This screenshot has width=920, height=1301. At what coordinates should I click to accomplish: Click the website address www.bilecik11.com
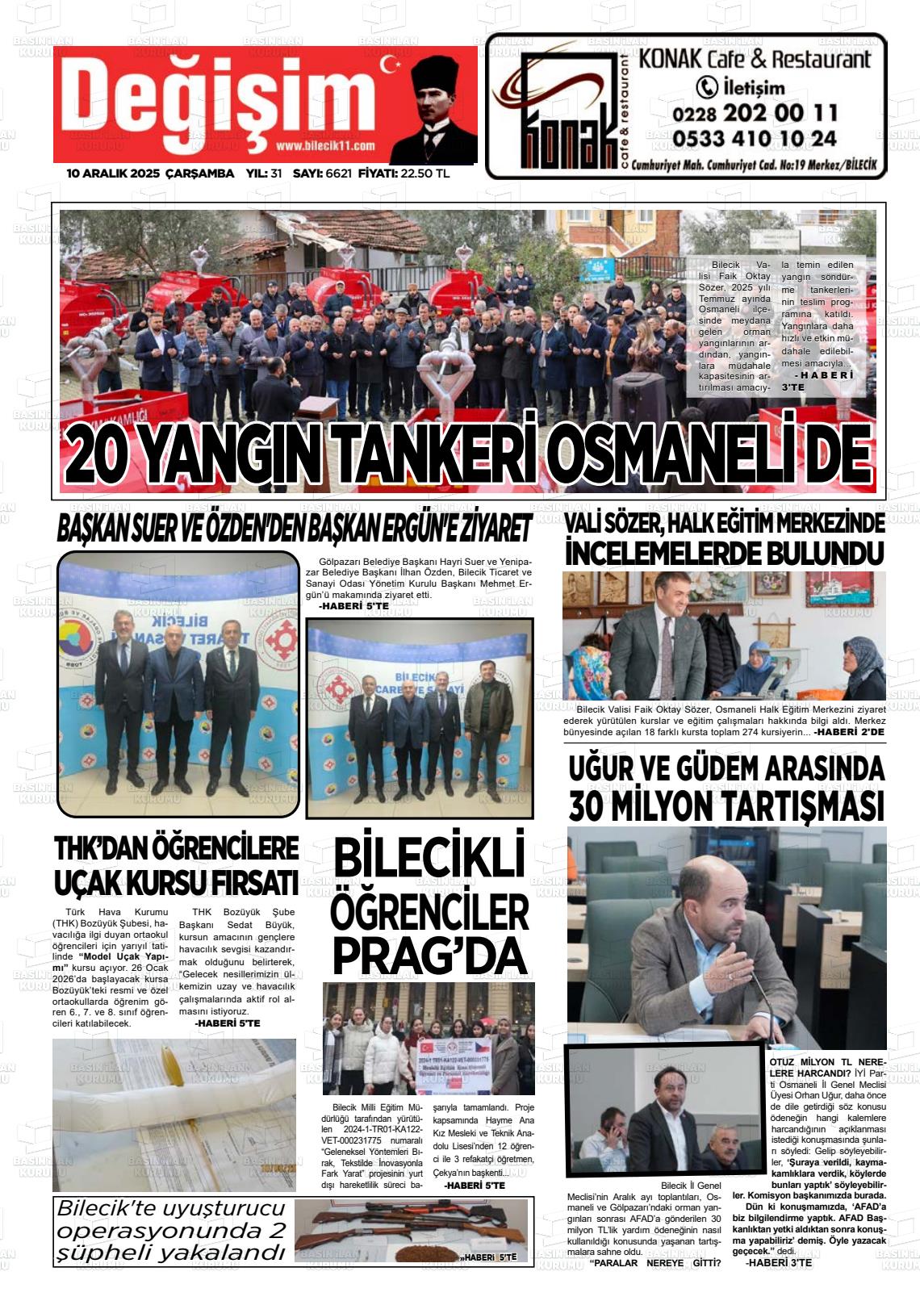click(325, 146)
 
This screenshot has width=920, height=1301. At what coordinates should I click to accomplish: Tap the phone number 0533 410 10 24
click(754, 139)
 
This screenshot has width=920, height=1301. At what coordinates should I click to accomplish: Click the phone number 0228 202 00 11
click(754, 113)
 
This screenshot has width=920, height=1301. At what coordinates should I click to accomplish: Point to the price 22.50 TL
click(425, 174)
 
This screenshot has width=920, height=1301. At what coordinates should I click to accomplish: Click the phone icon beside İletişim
click(706, 86)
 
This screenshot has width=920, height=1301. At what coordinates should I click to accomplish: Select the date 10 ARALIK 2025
click(113, 174)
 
